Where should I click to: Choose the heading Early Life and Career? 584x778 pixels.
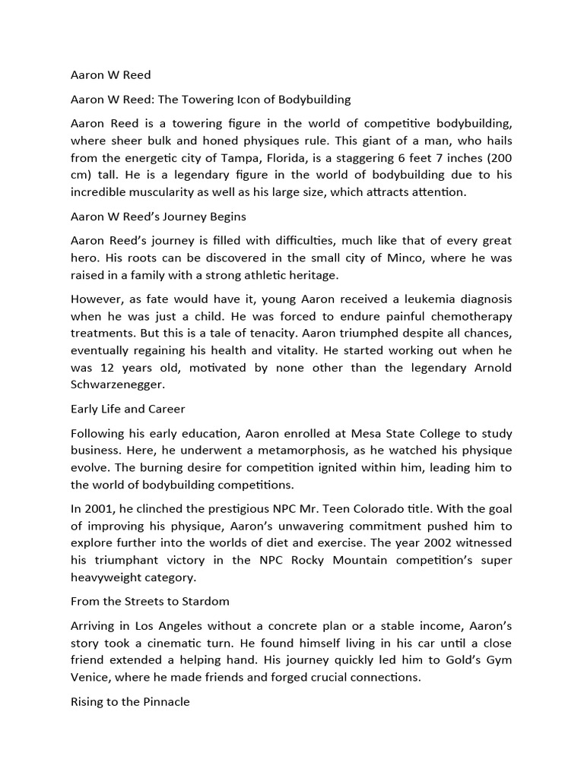tap(128, 409)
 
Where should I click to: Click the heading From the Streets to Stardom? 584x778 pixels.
tap(150, 601)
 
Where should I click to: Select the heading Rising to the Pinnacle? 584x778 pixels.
tap(130, 703)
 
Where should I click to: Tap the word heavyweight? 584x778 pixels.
tap(106, 577)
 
